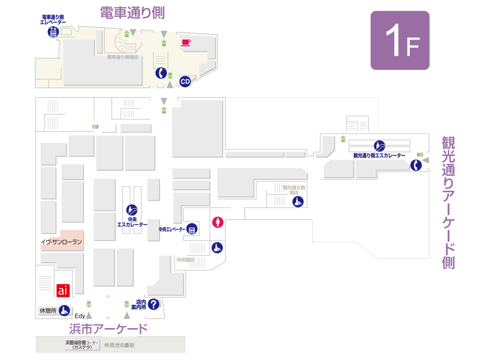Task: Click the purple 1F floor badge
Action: point(400,40)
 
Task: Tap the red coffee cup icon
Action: point(186,42)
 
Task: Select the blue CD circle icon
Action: point(185,81)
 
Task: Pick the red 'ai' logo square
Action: point(63,291)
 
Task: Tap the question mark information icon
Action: point(153,304)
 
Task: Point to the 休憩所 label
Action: point(48,311)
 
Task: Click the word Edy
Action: point(80,316)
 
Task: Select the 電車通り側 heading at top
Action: point(132,13)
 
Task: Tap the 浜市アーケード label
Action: point(108,329)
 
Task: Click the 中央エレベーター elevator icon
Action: point(192,229)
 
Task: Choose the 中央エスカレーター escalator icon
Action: point(132,210)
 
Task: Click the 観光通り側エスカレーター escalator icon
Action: point(379,146)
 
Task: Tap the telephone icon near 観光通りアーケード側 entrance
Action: point(416,165)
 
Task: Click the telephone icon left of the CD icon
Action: point(161,73)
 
